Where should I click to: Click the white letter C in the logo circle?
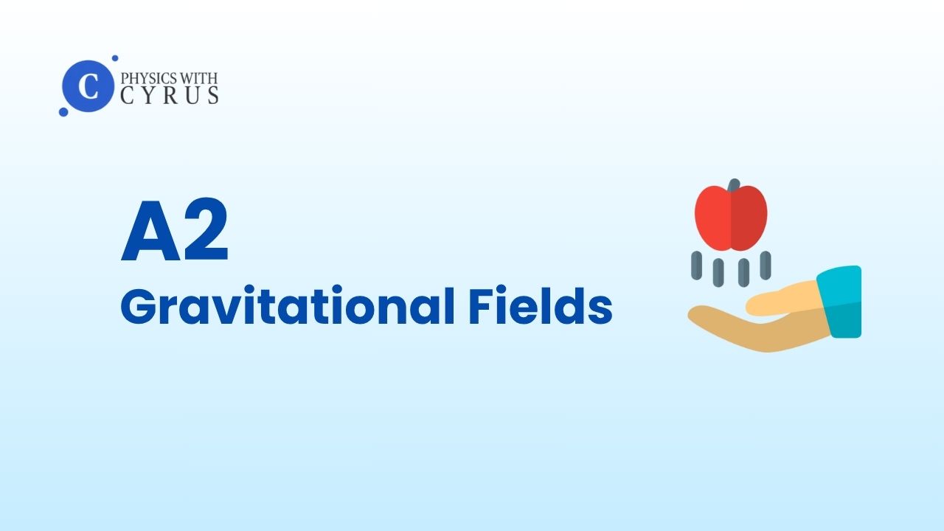(x=88, y=86)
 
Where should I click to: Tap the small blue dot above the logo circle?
(x=114, y=58)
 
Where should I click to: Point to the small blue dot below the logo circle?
(x=63, y=111)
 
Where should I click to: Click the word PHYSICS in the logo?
(x=144, y=78)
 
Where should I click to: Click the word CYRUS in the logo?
(x=170, y=95)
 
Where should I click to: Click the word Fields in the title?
(x=541, y=305)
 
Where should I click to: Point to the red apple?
(x=731, y=218)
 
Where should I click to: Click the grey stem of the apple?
(x=734, y=185)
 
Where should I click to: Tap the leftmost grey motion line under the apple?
(x=697, y=265)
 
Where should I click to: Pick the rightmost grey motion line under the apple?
(x=766, y=265)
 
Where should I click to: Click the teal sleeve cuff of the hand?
(x=839, y=302)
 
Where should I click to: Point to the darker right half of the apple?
(x=749, y=219)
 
